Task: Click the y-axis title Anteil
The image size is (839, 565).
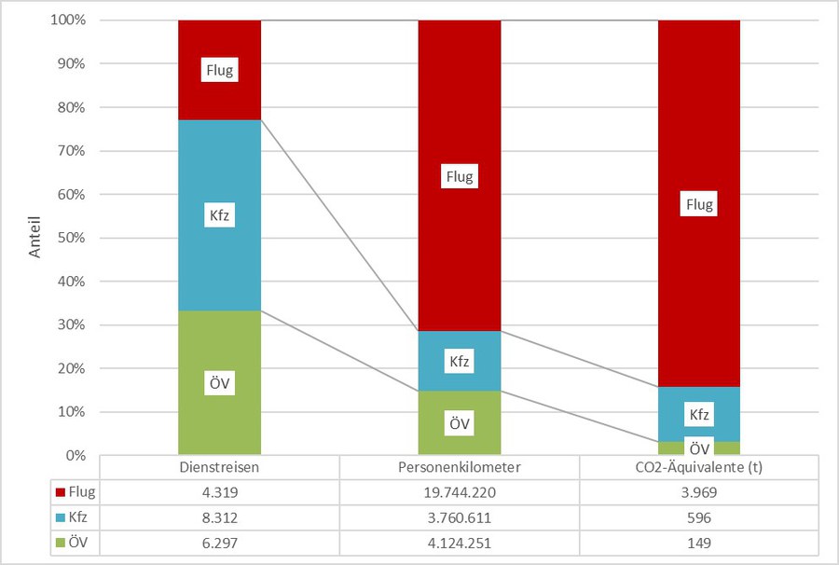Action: pyautogui.click(x=34, y=238)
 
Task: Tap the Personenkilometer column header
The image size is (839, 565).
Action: pyautogui.click(x=460, y=466)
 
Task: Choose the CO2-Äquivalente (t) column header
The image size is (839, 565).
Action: pyautogui.click(x=699, y=466)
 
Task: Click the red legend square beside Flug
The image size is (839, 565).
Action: pyautogui.click(x=60, y=491)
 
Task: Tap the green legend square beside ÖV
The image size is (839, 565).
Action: pyautogui.click(x=60, y=541)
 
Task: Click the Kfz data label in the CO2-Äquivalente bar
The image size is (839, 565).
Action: pyautogui.click(x=699, y=413)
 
